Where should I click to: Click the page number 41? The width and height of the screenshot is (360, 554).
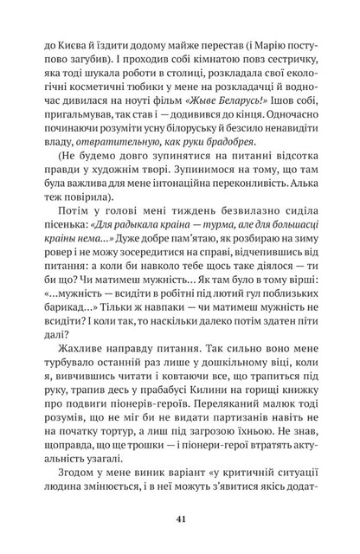click(x=180, y=519)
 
